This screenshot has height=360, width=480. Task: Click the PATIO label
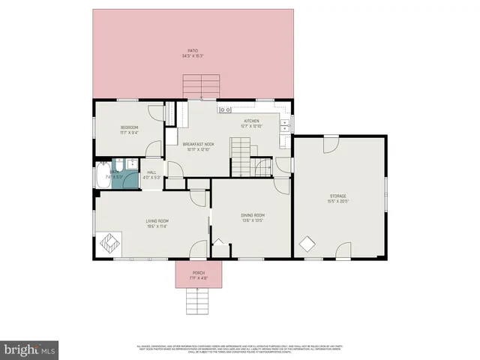tap(193, 51)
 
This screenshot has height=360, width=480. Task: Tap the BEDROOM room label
tap(130, 127)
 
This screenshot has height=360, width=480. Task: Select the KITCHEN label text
tap(250, 121)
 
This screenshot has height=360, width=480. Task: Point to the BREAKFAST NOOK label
tap(199, 144)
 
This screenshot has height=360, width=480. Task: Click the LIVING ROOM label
tap(157, 220)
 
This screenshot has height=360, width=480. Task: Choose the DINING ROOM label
tap(253, 215)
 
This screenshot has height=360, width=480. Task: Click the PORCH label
tap(199, 272)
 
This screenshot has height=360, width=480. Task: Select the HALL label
tap(151, 172)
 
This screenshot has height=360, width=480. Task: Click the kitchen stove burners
tap(224, 110)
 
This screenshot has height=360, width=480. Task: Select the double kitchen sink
tap(285, 126)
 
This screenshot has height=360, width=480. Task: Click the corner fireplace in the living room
tap(109, 242)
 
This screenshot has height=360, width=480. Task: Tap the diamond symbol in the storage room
tap(307, 244)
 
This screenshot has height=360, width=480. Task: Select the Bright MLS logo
tap(29, 349)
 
